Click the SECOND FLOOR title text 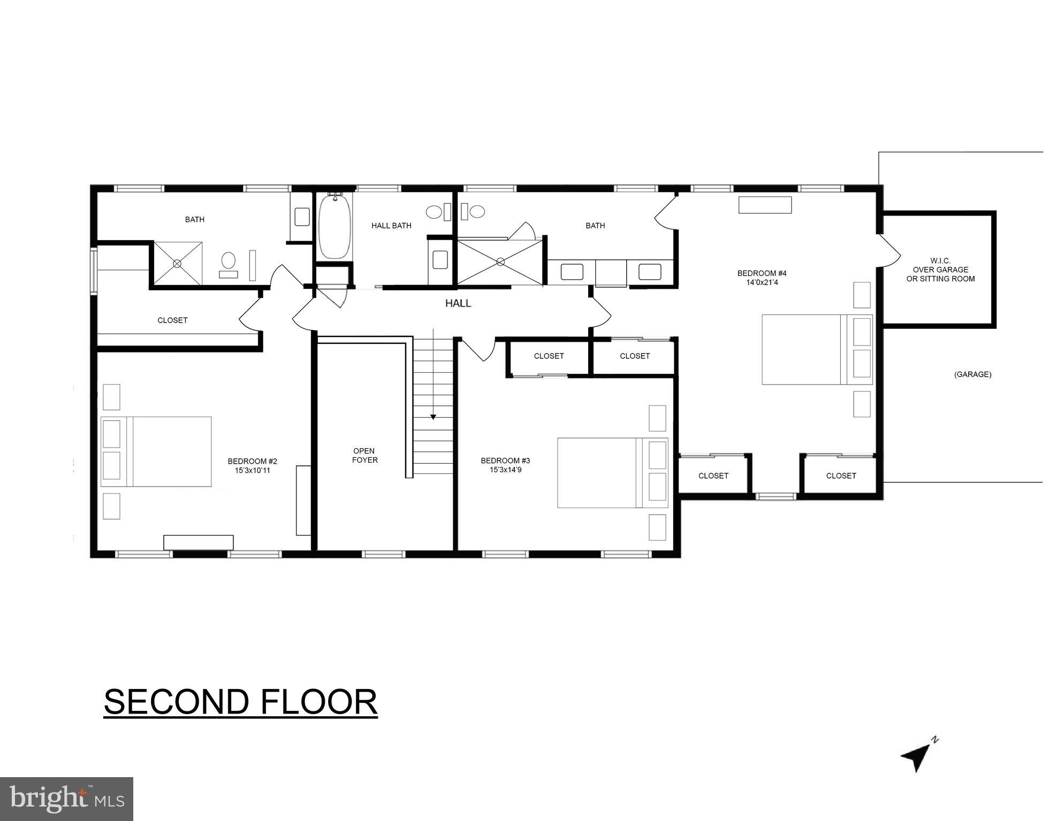[240, 702]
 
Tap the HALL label [458, 303]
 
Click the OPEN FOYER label [364, 455]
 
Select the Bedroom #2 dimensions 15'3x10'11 [252, 471]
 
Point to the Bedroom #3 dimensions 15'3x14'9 [505, 470]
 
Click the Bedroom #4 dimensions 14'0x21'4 [762, 282]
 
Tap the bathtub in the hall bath [335, 226]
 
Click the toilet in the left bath [229, 262]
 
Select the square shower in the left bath [178, 263]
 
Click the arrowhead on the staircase [433, 417]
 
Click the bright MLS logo [66, 799]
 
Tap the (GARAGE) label [972, 374]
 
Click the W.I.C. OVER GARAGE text [940, 270]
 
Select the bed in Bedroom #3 [612, 473]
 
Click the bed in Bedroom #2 [156, 451]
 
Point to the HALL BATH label [391, 226]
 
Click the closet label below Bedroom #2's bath [172, 320]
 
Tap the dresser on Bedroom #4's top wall [765, 205]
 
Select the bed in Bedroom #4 [817, 349]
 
